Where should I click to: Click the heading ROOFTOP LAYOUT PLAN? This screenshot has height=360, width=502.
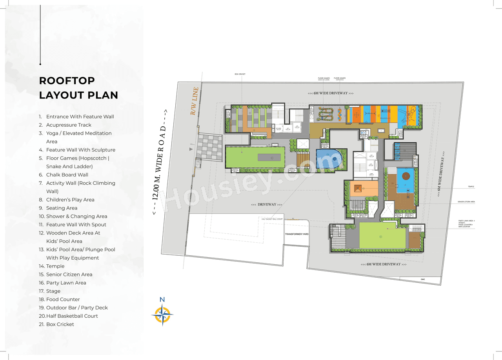[78, 88]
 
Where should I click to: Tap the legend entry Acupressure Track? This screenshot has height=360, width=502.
[69, 125]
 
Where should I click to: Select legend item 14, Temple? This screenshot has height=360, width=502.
[55, 266]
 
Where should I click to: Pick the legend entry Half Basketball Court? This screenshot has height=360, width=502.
[72, 316]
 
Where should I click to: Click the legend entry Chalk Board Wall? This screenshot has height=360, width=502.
[67, 175]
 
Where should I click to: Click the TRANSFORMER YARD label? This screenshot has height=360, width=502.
[297, 234]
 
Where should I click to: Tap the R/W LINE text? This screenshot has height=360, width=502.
[195, 101]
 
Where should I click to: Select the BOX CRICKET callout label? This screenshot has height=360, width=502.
[240, 74]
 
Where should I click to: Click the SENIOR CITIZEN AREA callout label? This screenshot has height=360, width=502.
[466, 202]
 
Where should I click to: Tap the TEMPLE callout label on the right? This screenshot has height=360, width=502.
[471, 187]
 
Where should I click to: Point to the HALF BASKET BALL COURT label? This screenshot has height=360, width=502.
[272, 219]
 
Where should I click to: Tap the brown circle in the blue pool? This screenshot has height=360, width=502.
[406, 175]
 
